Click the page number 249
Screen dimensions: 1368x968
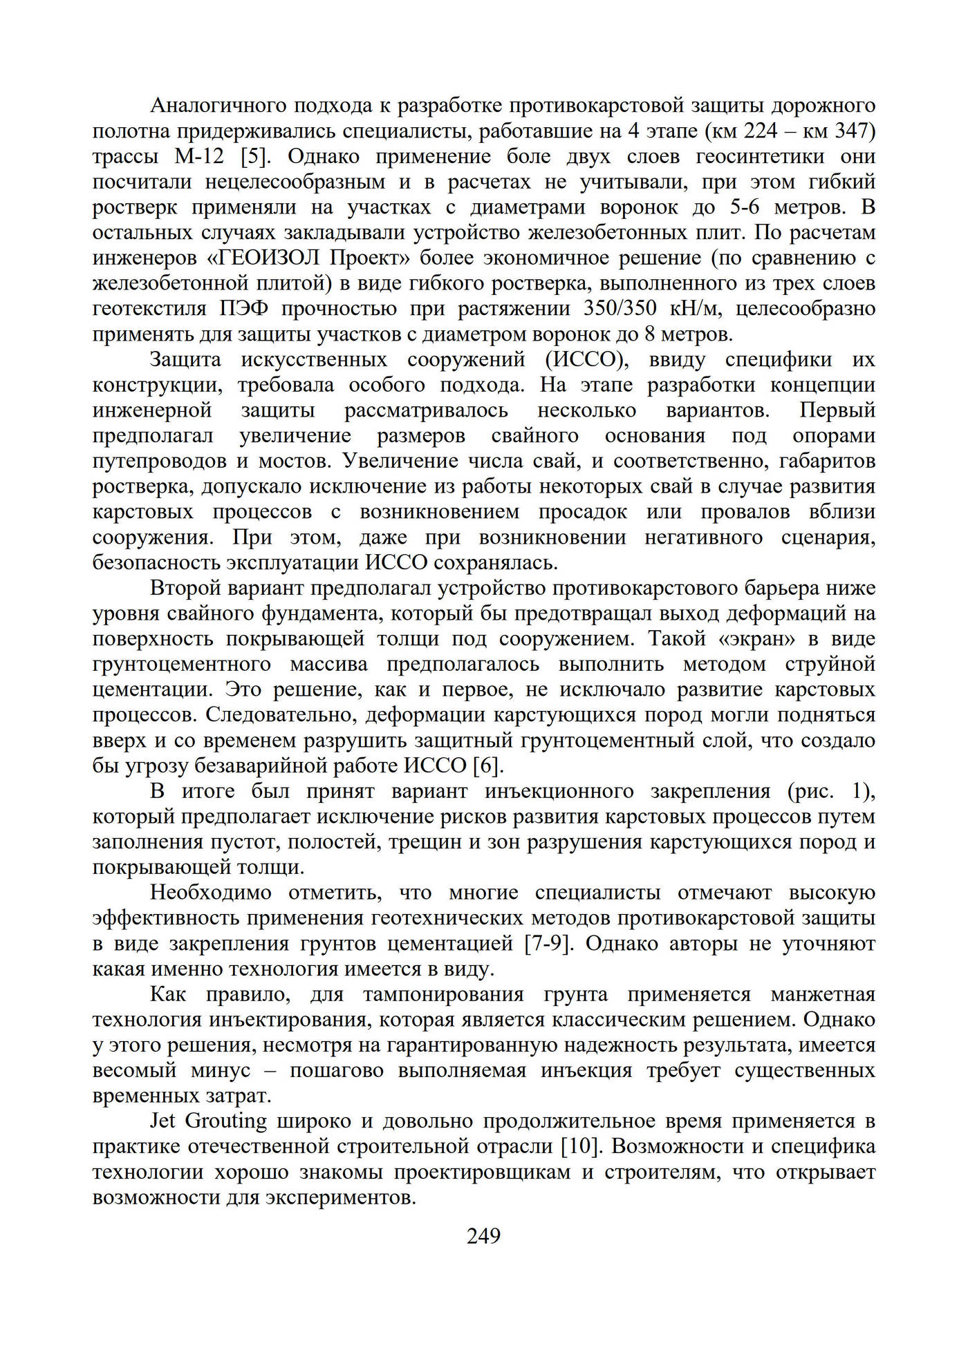pos(483,1236)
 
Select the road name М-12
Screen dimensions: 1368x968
pos(199,156)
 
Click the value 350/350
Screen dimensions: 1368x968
pos(620,308)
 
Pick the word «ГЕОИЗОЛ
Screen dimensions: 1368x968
pos(263,258)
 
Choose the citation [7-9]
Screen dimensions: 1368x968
pos(550,943)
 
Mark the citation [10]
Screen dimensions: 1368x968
pos(579,1146)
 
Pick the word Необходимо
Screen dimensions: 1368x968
pos(211,893)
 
